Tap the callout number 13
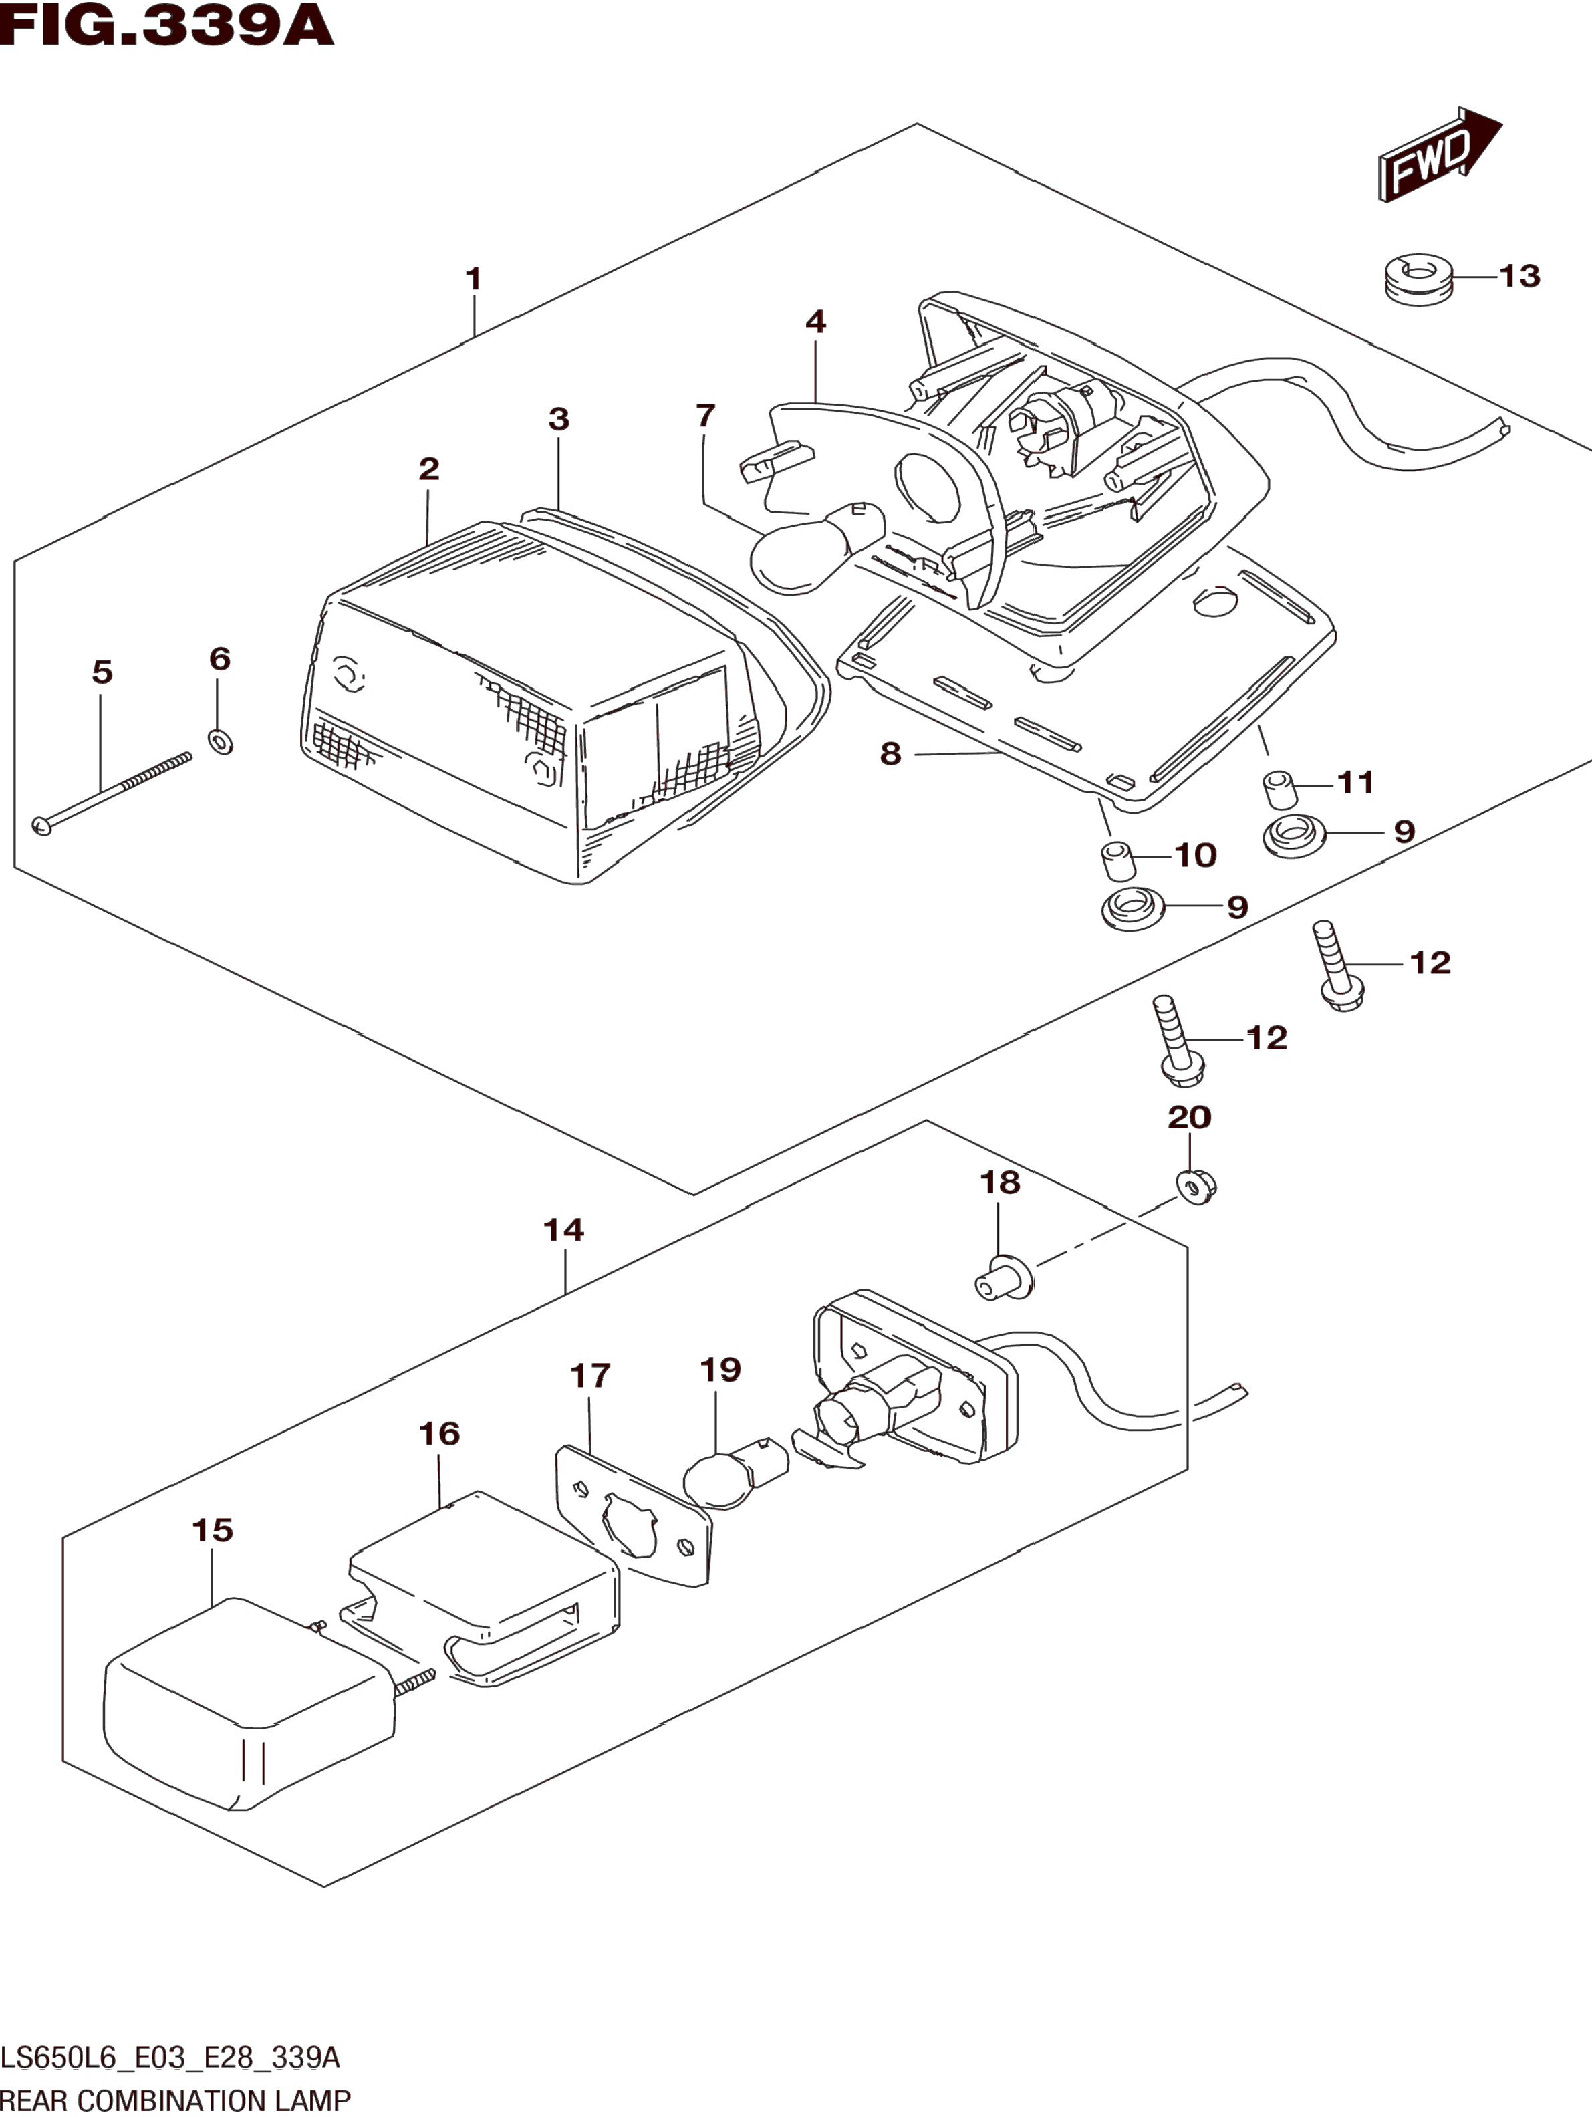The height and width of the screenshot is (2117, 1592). (1519, 277)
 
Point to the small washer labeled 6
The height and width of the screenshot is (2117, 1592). (220, 740)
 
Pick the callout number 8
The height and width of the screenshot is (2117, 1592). (891, 754)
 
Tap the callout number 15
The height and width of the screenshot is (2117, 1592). (213, 1530)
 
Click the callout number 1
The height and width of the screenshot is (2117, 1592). (473, 279)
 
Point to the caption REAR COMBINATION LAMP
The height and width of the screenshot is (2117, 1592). (176, 2101)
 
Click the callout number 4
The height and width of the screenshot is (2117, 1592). (815, 322)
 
